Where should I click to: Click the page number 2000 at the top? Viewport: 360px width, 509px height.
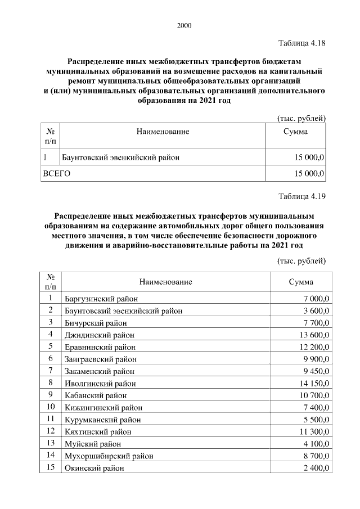point(184,25)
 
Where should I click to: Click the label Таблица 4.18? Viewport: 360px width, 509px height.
point(302,43)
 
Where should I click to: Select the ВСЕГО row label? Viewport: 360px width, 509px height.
point(57,174)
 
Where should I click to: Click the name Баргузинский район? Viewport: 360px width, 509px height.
point(101,298)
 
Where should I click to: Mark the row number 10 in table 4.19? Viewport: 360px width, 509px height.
point(51,407)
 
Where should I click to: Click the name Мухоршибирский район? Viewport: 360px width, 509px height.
point(109,456)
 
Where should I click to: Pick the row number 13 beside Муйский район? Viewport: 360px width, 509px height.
point(51,444)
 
